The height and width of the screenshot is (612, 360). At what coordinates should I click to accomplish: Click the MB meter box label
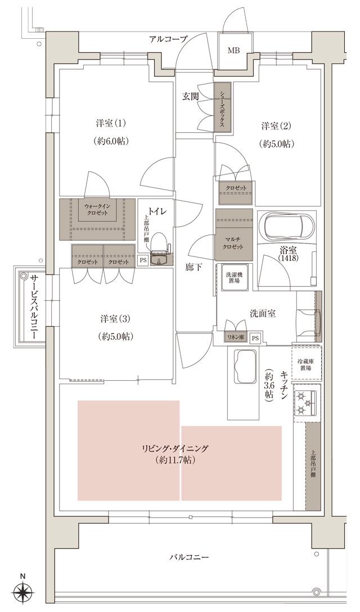[x=233, y=51]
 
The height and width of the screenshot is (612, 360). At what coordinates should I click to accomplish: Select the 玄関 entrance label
[x=190, y=96]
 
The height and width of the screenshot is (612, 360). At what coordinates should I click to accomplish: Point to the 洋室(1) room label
[x=111, y=123]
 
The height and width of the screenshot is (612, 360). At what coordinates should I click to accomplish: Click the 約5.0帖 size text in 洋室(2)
[x=277, y=143]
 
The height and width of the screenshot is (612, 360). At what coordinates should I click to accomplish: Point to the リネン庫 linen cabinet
[x=235, y=337]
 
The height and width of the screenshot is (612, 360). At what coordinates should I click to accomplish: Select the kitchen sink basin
[x=243, y=367]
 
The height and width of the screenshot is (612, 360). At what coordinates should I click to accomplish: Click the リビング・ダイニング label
[x=175, y=448]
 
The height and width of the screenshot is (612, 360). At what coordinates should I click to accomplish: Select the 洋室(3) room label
[x=115, y=319]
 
